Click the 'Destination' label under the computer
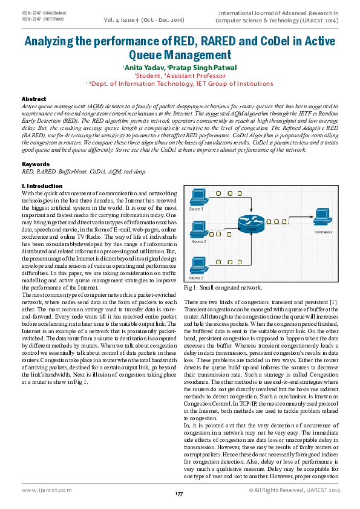point(322,231)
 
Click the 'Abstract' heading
point(34,98)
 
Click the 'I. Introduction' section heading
point(42,186)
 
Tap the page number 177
point(179,495)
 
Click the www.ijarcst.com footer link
point(48,490)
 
